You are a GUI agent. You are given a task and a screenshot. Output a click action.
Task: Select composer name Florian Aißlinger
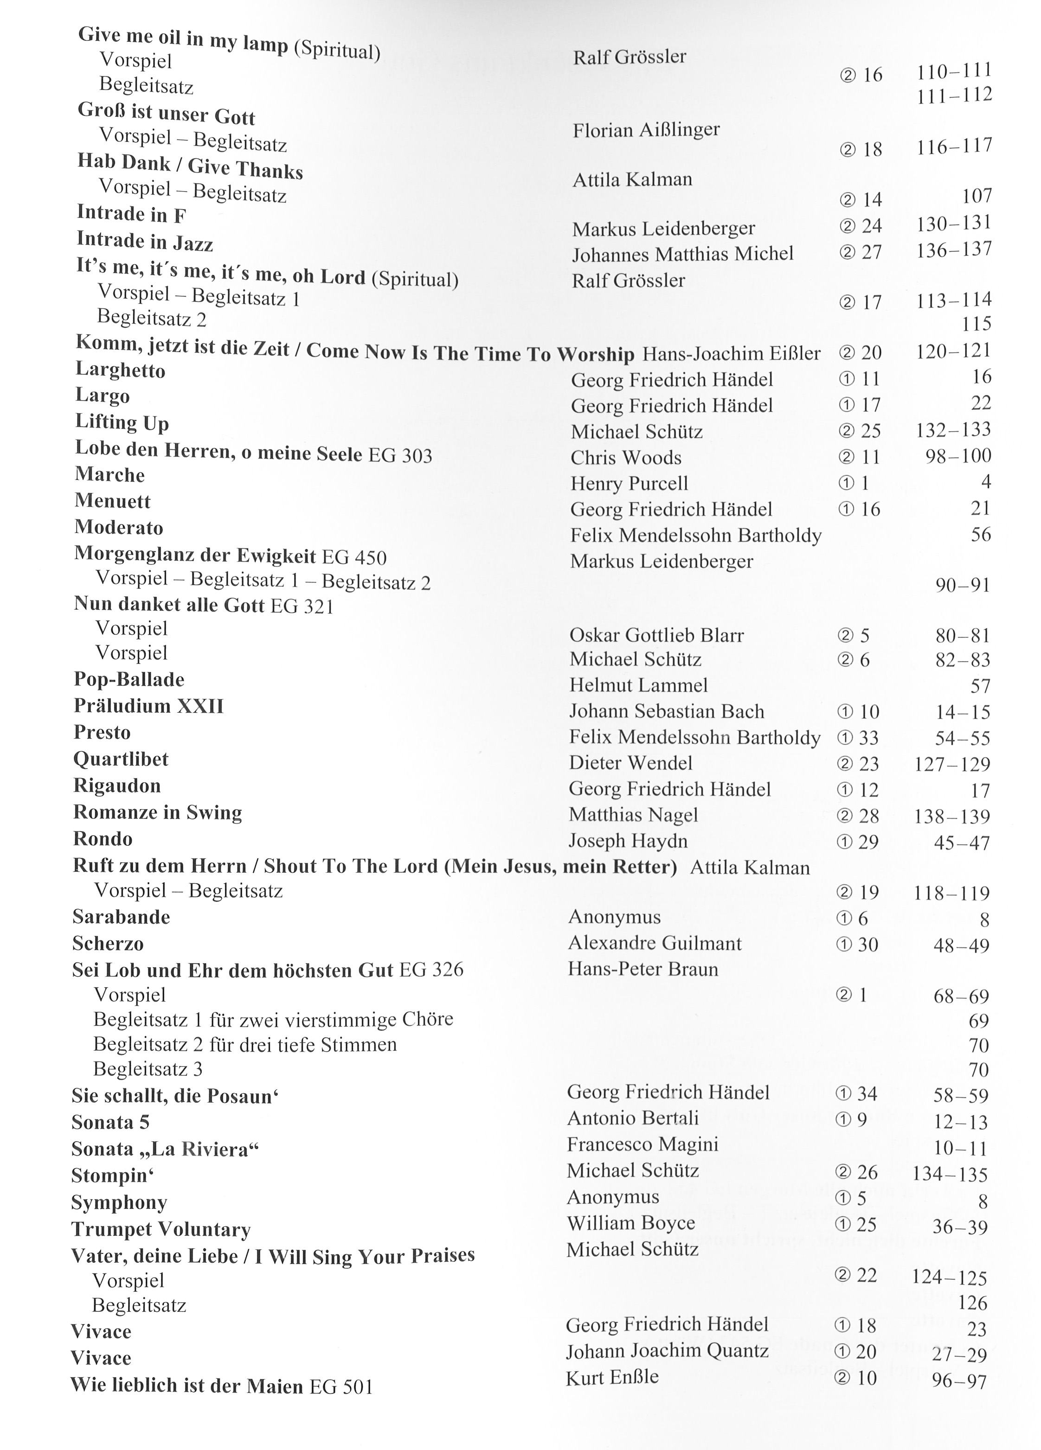point(646,130)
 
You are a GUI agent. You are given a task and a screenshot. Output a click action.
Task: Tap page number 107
point(977,196)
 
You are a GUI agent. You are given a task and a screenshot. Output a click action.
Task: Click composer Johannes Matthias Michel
point(682,254)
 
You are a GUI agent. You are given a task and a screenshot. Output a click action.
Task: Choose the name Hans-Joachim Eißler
point(731,353)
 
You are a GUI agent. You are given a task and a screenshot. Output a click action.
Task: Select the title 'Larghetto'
point(120,370)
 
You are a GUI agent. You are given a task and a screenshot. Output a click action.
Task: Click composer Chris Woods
point(626,457)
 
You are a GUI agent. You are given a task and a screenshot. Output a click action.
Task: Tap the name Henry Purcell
point(629,483)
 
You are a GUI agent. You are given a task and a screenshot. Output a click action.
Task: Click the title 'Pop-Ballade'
point(129,679)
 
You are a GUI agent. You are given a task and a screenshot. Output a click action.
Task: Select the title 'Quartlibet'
point(121,759)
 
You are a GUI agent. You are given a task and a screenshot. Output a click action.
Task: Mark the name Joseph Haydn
point(628,841)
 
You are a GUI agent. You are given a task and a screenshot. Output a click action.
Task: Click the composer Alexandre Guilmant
point(655,943)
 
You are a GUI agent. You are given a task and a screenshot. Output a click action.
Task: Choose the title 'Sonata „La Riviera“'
point(165,1150)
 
